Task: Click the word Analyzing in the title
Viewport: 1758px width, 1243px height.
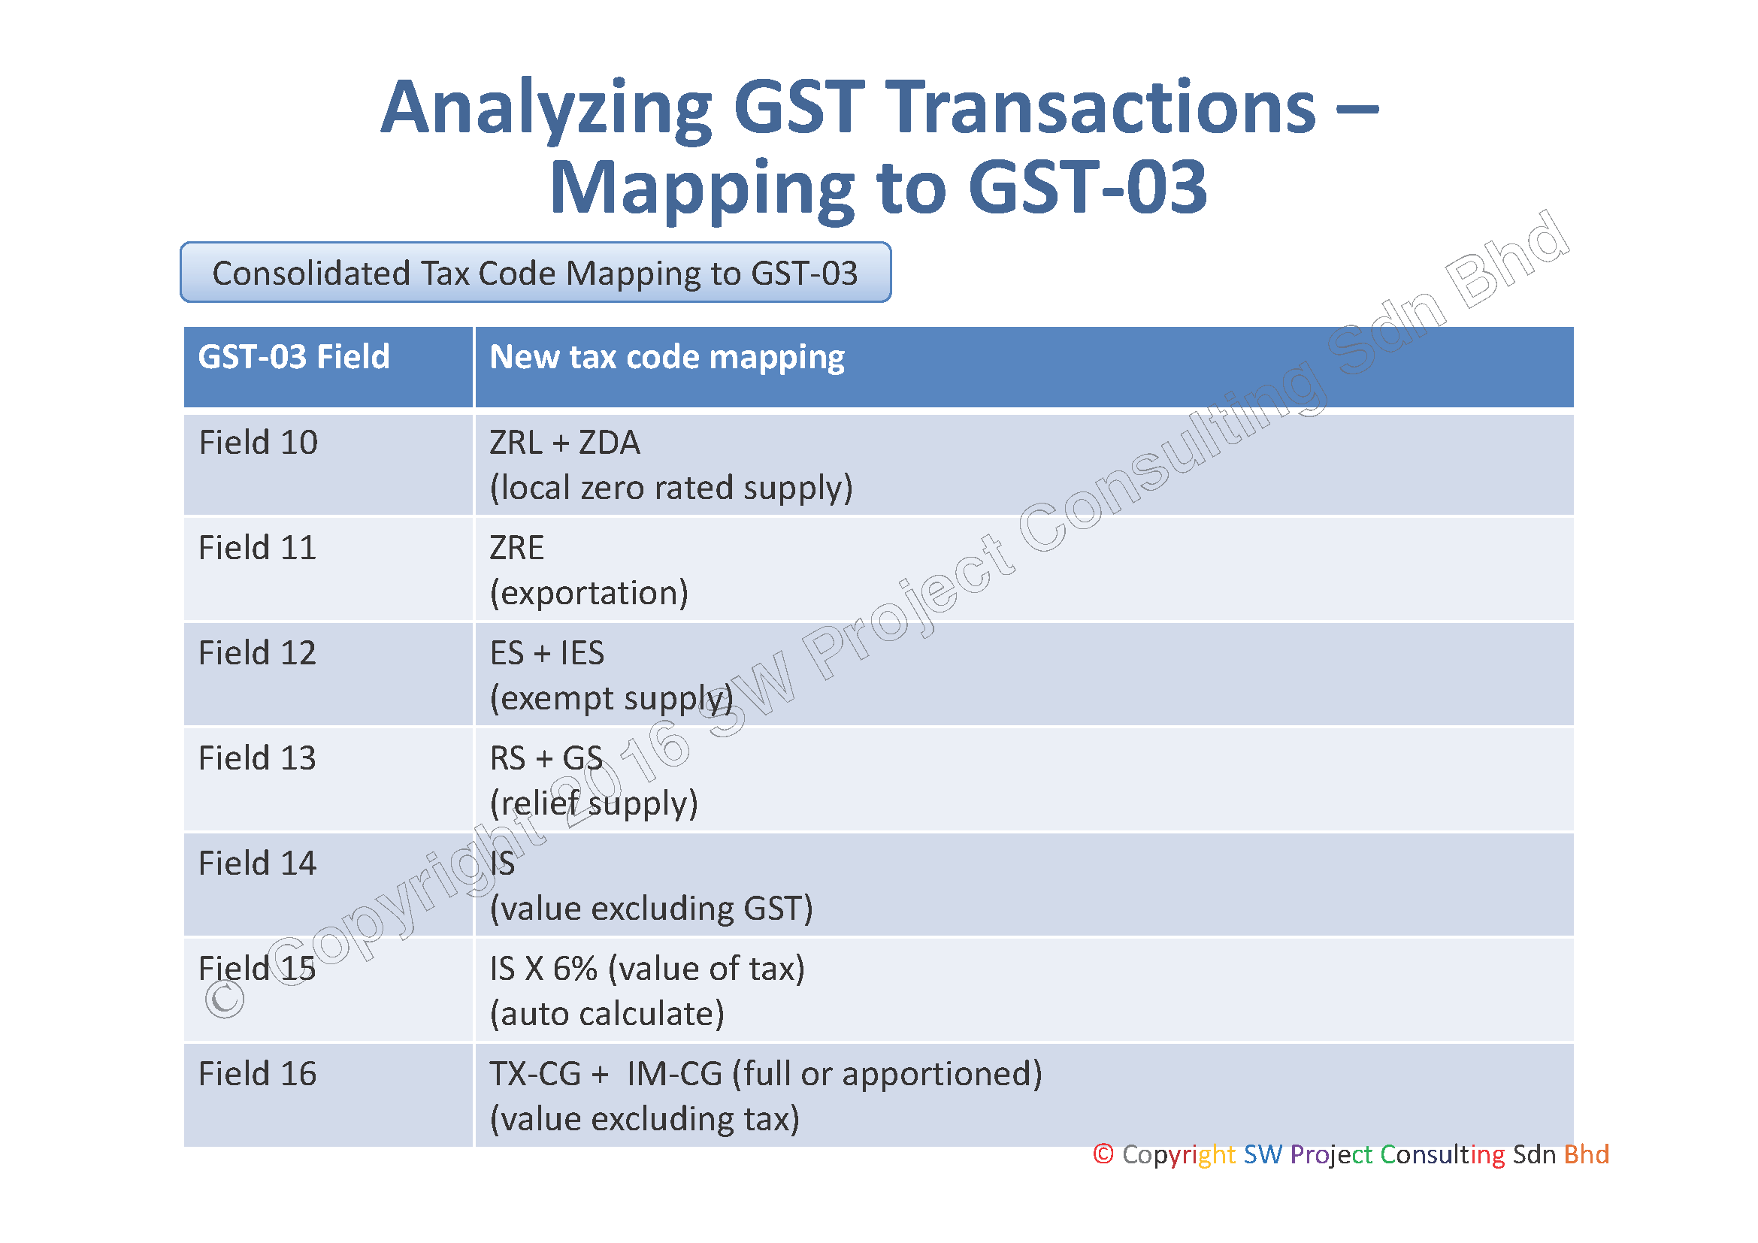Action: point(546,110)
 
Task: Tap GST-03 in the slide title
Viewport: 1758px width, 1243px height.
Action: point(1088,187)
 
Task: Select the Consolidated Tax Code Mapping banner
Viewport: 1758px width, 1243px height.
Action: point(535,273)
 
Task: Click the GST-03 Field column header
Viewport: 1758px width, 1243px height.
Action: point(294,357)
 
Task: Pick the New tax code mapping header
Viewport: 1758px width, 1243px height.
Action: point(667,358)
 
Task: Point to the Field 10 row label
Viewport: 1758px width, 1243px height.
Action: point(258,443)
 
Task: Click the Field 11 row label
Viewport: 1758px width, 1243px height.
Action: point(257,548)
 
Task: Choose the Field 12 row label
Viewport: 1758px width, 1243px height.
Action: point(257,653)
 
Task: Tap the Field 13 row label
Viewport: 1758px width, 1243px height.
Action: point(257,758)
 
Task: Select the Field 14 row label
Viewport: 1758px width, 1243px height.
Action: point(257,863)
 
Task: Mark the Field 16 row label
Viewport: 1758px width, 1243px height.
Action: point(257,1074)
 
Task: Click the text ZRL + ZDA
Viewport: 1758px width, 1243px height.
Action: point(565,443)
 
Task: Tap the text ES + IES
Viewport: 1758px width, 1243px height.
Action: point(547,653)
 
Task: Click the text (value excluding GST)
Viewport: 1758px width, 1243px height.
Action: point(652,909)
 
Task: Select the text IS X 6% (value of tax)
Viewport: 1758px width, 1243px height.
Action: point(648,969)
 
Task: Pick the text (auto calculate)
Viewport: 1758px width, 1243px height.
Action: point(607,1014)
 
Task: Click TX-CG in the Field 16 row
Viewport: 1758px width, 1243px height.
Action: point(535,1074)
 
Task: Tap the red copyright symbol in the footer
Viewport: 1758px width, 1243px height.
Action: point(1103,1154)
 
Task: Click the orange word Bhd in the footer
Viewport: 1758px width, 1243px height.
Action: point(1587,1154)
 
